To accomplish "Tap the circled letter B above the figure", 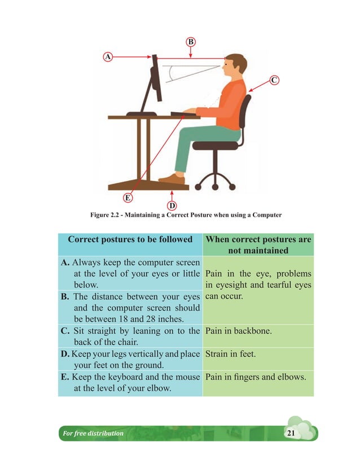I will (x=191, y=42).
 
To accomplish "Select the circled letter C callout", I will (x=273, y=80).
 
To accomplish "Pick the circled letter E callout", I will (x=128, y=198).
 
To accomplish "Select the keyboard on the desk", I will (x=184, y=113).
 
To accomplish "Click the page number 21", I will (x=291, y=433).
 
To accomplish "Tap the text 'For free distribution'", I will (x=91, y=433).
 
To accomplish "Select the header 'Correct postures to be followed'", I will (x=130, y=240).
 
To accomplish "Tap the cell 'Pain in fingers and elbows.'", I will (x=256, y=376).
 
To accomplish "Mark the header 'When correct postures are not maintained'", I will (x=258, y=245).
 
